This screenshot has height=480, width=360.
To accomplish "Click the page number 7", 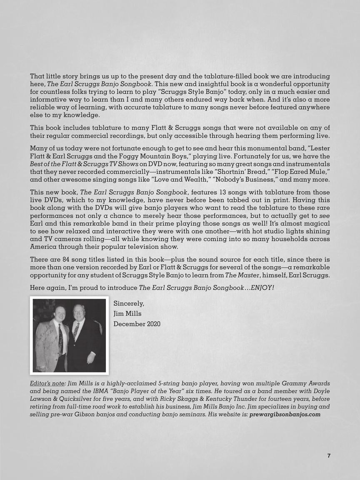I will coord(328,456).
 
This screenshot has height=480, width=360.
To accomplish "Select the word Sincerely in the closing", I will coord(129,304).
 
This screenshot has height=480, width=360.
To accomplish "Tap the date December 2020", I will coord(137,324).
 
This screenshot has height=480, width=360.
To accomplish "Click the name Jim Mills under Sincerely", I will coord(127,314).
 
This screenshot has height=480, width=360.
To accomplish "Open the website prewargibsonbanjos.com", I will coord(285,415).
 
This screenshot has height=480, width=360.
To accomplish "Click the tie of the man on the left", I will coord(61,340).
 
